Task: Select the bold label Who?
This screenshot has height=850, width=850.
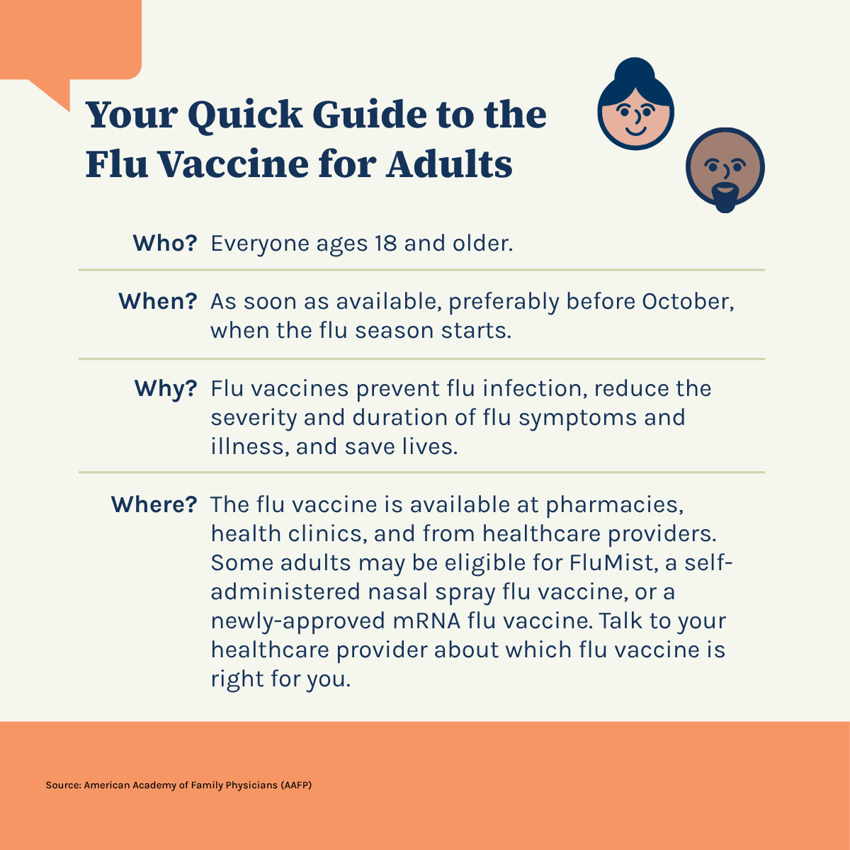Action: (x=165, y=243)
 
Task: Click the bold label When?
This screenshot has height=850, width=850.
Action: (x=158, y=301)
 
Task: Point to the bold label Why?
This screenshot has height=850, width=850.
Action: (x=166, y=390)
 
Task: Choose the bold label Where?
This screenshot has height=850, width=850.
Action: (x=154, y=504)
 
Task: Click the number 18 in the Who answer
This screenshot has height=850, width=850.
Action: (x=386, y=243)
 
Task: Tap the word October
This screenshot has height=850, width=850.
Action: (x=688, y=302)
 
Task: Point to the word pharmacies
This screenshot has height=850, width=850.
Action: (x=614, y=505)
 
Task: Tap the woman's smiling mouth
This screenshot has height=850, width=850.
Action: (x=636, y=131)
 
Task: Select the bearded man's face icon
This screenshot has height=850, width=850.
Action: (x=725, y=169)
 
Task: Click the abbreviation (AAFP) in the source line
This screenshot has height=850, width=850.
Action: (x=296, y=785)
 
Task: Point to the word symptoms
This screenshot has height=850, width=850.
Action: (x=577, y=419)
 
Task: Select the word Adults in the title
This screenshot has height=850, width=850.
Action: (x=449, y=164)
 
